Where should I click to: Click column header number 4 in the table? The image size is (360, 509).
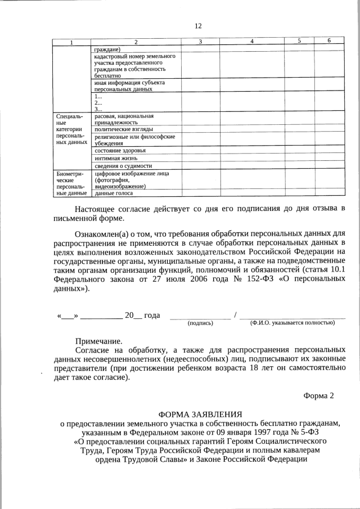click(x=251, y=42)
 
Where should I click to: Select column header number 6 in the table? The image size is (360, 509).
click(x=329, y=41)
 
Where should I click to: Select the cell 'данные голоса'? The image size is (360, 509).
click(x=114, y=193)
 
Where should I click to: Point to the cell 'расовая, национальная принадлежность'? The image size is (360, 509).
click(x=124, y=119)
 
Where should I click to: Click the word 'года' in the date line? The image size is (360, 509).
click(x=152, y=316)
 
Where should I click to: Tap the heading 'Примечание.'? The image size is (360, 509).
click(x=99, y=341)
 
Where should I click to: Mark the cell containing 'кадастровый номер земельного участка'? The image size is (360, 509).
click(x=135, y=66)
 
